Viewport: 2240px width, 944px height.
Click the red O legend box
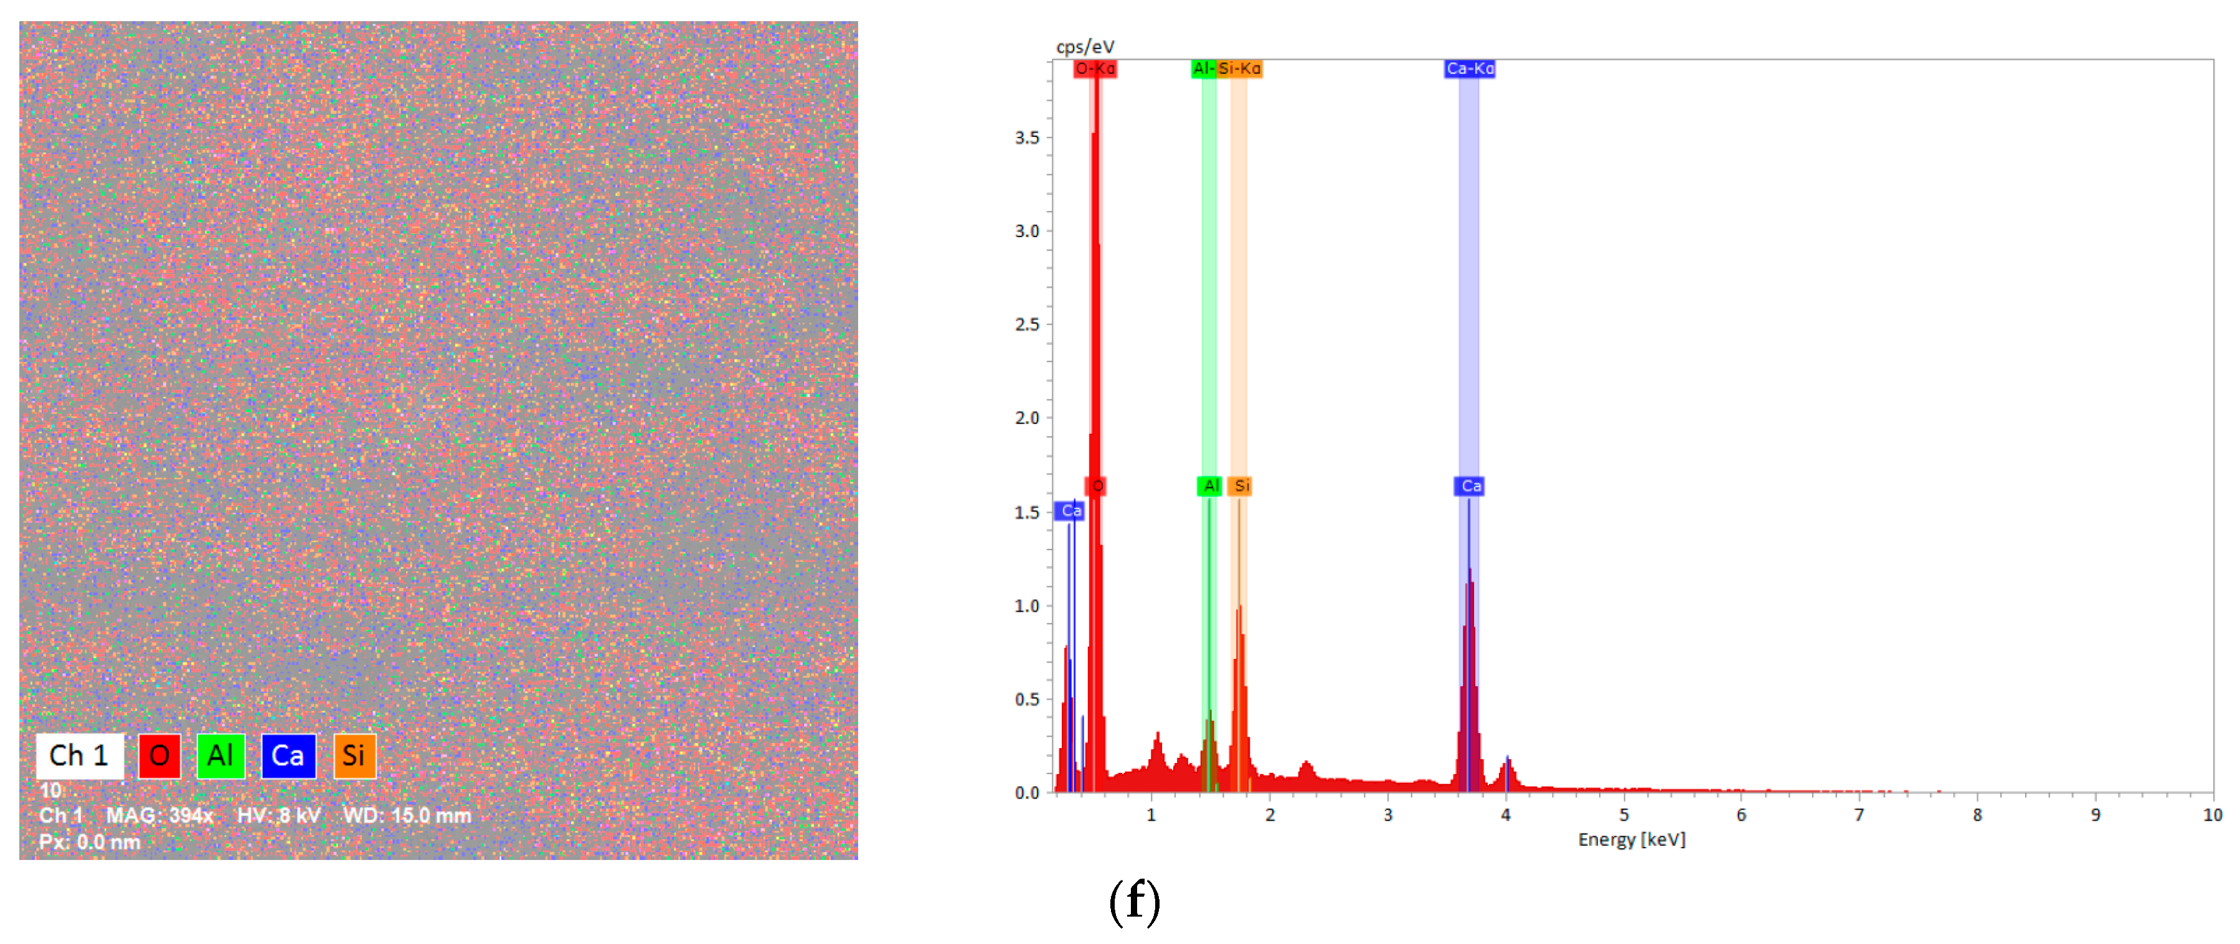(x=159, y=755)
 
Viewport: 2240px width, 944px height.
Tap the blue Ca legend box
(x=288, y=755)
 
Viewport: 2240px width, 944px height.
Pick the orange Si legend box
(x=354, y=755)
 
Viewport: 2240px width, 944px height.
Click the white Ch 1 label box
(x=79, y=755)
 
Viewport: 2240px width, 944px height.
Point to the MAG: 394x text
(x=159, y=815)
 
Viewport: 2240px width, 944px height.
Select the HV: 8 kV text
(x=278, y=815)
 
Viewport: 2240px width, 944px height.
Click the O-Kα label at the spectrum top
(x=1094, y=68)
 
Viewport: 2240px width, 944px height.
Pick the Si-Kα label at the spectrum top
(x=1239, y=68)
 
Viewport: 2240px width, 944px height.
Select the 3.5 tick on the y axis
(x=1027, y=138)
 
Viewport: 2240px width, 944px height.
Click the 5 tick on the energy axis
(x=1623, y=815)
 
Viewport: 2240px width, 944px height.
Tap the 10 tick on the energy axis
(x=2211, y=815)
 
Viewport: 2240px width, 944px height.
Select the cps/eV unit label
(x=1084, y=47)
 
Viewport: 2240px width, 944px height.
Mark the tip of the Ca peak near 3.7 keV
(x=1470, y=569)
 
